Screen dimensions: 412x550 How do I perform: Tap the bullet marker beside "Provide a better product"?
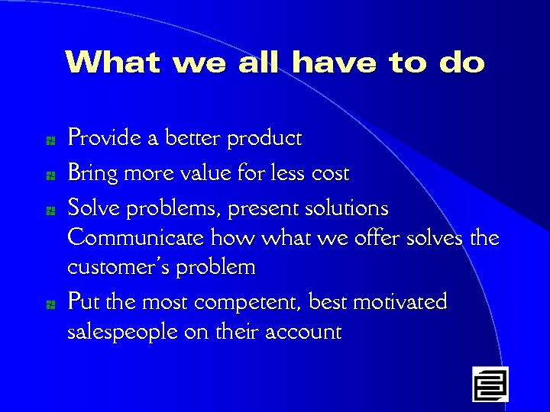tap(48, 140)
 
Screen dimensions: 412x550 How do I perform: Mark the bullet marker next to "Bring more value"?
tap(48, 175)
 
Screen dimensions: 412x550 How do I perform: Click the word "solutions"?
tap(350, 208)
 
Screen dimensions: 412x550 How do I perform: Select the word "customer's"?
tap(121, 268)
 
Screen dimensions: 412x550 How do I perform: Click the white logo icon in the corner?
tap(490, 384)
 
